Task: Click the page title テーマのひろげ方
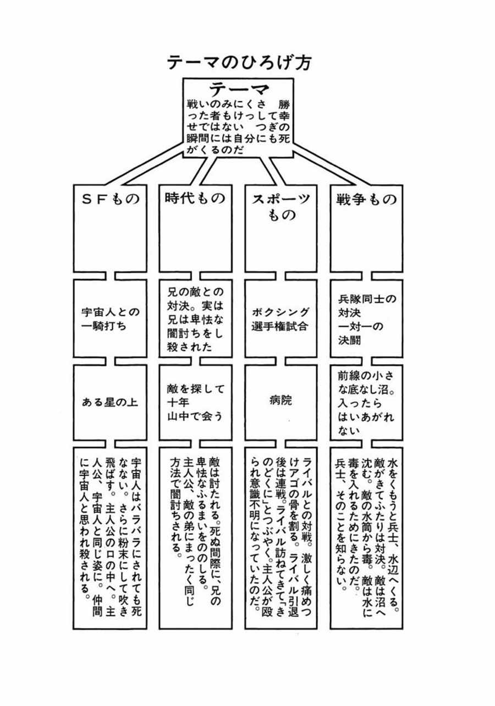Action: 239,62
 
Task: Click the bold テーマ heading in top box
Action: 239,89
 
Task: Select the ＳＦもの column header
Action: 111,199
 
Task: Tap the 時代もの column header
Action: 195,198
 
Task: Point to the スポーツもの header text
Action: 281,207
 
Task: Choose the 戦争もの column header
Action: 366,199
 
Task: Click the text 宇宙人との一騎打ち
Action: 111,319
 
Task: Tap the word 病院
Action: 280,401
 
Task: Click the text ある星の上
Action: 109,402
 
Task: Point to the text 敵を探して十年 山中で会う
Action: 195,402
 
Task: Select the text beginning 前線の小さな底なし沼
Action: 366,403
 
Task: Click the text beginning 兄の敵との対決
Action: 195,319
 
